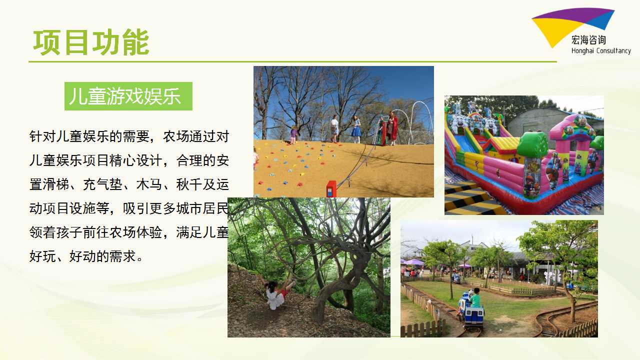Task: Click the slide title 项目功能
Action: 91,42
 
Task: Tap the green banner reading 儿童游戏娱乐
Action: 128,96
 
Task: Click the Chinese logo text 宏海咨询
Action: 588,40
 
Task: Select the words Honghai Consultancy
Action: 601,51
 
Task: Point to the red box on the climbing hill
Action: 331,189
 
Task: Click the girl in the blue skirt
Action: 356,129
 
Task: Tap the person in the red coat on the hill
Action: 392,128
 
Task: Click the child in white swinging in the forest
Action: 276,295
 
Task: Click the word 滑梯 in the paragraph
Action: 56,184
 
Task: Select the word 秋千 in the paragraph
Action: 189,184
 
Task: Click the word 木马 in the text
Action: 149,184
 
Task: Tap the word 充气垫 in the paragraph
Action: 103,184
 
